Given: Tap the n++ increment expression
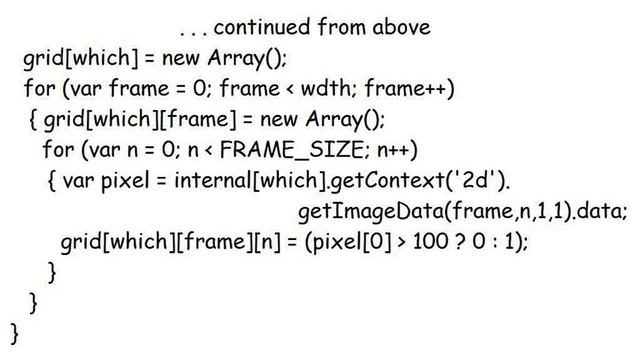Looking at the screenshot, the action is pos(394,150).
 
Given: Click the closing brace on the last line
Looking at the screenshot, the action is pos(14,329).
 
